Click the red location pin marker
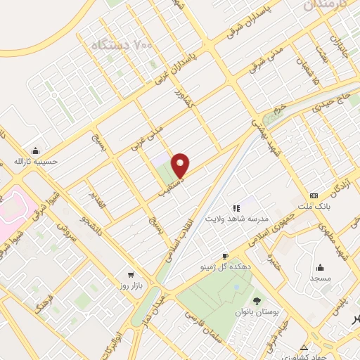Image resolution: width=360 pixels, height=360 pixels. (181, 165)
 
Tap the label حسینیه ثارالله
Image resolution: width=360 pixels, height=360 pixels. (35, 162)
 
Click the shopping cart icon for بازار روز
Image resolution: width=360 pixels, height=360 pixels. (131, 275)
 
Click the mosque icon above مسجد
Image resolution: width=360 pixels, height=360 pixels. (320, 267)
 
